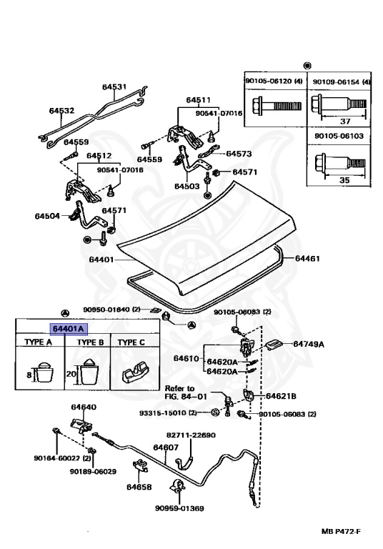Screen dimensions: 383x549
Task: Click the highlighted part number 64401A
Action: (69, 329)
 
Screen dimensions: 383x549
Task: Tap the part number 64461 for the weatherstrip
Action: (307, 258)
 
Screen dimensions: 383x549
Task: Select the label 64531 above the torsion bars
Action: (114, 86)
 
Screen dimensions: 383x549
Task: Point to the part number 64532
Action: (61, 111)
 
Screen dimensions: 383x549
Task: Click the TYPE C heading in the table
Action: (131, 342)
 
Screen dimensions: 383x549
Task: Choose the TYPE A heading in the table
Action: (38, 342)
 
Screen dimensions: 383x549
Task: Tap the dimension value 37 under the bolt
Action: (345, 121)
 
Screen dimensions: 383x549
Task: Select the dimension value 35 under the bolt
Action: (344, 180)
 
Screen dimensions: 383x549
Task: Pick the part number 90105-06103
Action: (339, 136)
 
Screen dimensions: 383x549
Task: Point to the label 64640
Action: (84, 407)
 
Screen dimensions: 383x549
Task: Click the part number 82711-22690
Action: (191, 435)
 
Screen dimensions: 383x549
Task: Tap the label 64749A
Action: (309, 344)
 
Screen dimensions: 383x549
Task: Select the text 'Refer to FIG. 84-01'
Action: (186, 392)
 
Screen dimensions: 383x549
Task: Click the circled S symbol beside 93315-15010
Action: (215, 412)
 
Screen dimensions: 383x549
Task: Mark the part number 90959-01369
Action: (179, 508)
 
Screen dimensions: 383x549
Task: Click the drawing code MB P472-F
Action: (341, 532)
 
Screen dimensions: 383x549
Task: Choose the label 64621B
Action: (281, 396)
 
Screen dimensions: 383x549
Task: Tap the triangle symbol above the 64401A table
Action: (65, 313)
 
